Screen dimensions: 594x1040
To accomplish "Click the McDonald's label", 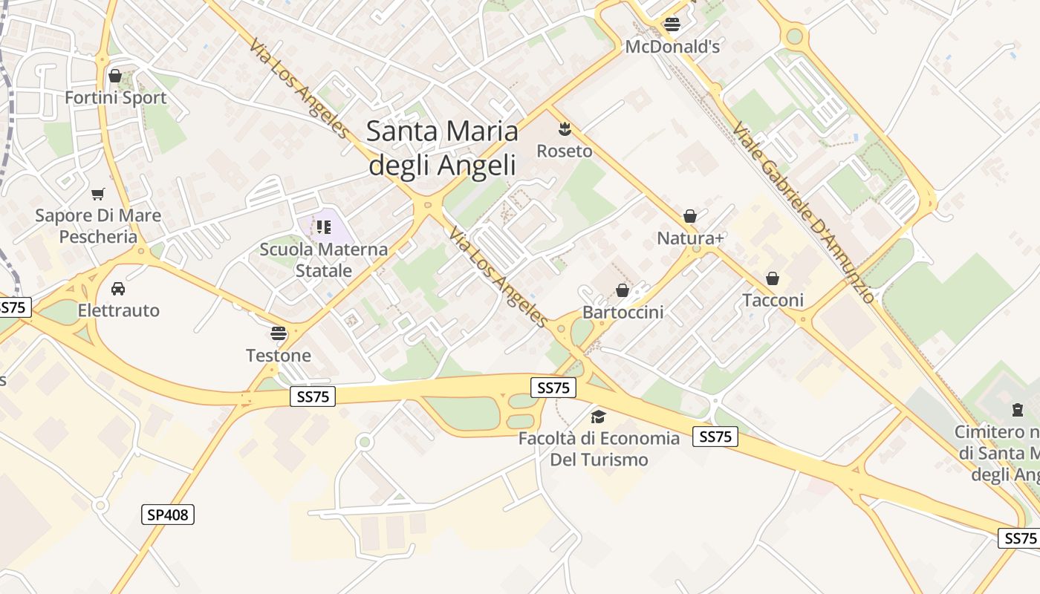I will coord(672,47).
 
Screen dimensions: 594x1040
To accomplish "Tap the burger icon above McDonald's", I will coord(672,24).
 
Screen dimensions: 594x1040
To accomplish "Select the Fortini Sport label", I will coord(115,97).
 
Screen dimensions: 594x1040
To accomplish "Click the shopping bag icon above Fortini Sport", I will coord(115,75).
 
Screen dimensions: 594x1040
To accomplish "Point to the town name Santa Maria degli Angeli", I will coord(442,148).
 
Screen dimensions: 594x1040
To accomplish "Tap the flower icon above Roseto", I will coord(565,128).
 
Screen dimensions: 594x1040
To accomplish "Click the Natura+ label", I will coord(690,238).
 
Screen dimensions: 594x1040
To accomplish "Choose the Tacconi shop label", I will coord(773,300).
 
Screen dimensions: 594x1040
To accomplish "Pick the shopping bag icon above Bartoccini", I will coord(623,290).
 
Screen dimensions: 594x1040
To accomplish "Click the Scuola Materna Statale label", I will coord(323,259).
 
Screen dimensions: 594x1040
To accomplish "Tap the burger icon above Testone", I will coord(279,333).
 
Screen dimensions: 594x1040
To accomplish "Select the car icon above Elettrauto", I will coord(118,288).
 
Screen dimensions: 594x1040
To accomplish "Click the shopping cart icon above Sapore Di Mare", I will coord(98,194).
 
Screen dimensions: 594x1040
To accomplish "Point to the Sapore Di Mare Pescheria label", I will coord(98,226).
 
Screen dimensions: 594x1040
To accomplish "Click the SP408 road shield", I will coord(168,514).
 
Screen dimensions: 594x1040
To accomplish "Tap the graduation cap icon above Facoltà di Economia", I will coord(598,416).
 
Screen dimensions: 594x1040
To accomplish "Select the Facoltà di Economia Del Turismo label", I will coord(599,448).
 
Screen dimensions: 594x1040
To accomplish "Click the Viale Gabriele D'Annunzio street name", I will coord(803,213).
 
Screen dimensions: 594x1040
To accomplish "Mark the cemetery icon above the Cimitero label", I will coord(1017,409).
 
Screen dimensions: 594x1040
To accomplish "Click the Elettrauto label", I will coord(118,310).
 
